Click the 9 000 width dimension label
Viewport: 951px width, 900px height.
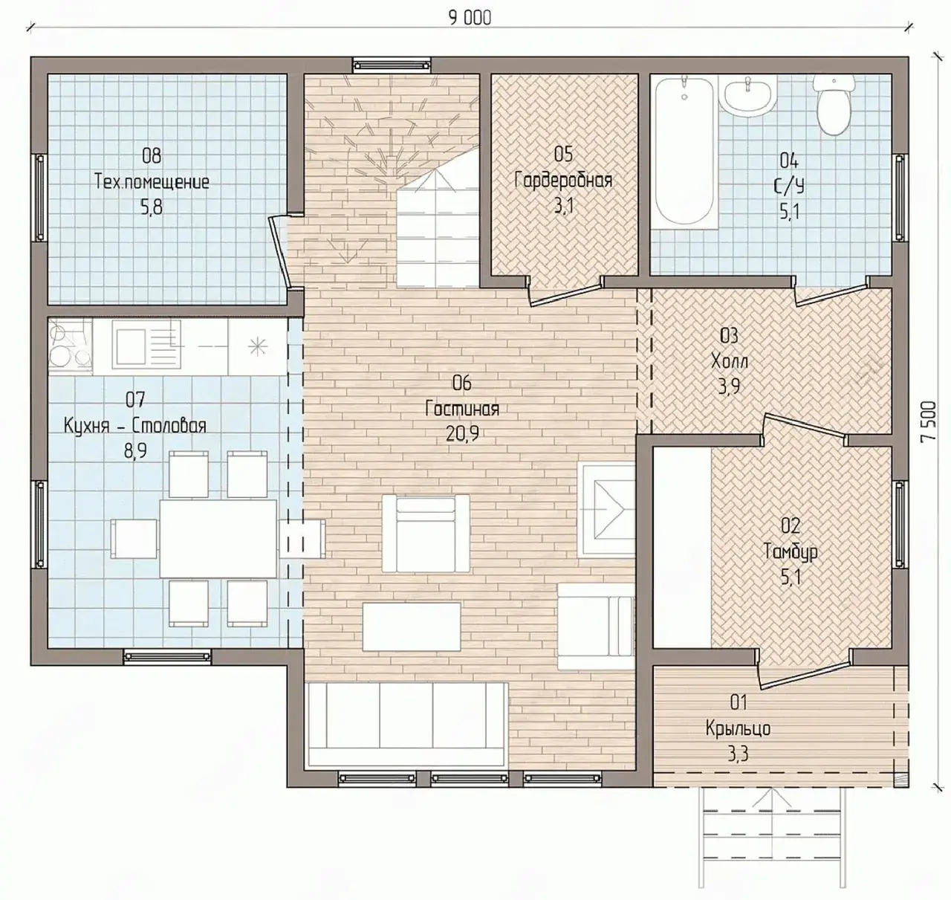tap(470, 18)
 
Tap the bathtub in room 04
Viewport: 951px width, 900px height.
tap(684, 151)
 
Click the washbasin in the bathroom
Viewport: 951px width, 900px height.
tap(747, 96)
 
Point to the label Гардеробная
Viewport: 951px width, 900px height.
tap(563, 180)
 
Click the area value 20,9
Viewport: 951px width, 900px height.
tap(462, 434)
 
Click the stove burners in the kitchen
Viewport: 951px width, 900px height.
tap(70, 346)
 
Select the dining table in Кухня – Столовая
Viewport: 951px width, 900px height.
tap(218, 539)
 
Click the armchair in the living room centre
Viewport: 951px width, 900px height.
tap(426, 533)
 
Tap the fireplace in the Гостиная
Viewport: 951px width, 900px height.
tap(606, 511)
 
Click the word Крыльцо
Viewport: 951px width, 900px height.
tap(738, 729)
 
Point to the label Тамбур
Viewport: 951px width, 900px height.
tap(791, 551)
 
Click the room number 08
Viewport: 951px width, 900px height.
tap(152, 156)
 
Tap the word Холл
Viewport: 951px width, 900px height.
tap(729, 361)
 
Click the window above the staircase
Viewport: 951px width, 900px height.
tap(392, 65)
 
